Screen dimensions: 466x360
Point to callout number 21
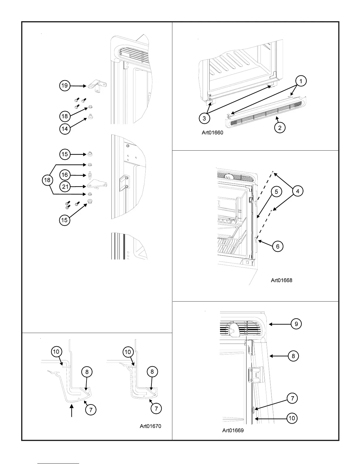[x=65, y=187]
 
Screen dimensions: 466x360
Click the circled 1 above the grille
[x=301, y=81]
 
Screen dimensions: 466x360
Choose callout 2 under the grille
[x=280, y=128]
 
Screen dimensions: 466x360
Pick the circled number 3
[x=204, y=118]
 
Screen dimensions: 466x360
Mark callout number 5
[x=276, y=192]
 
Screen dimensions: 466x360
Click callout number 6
[x=278, y=246]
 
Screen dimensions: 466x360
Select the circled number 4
[x=298, y=191]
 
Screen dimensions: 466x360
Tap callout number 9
[x=296, y=324]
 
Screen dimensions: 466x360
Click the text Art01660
[x=212, y=133]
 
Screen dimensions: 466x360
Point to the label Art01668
[x=281, y=280]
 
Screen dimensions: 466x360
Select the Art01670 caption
[x=150, y=426]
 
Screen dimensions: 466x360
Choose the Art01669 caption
[x=233, y=431]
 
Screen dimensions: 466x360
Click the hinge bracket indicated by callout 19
[x=97, y=86]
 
